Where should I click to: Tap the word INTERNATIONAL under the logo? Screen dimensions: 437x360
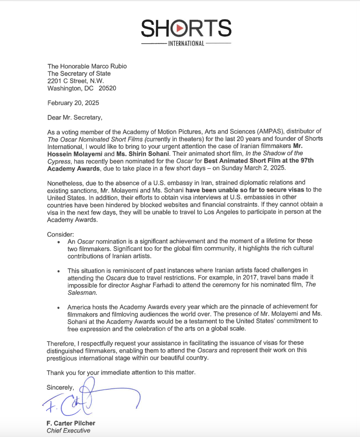[x=186, y=44]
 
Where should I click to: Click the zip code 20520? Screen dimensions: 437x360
[x=107, y=88]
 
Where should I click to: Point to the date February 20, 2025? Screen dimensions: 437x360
[x=73, y=103]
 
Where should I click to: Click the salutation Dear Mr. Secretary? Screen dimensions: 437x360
[x=74, y=118]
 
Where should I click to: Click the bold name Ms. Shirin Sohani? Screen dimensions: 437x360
[x=143, y=154]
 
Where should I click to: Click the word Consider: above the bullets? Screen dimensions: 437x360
[x=61, y=235]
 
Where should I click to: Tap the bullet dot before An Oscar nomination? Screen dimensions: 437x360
[x=59, y=242]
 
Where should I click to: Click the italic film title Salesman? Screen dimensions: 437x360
[x=82, y=293]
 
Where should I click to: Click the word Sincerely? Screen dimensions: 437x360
[x=60, y=388]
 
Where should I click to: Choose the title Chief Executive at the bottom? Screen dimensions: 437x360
[x=69, y=431]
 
